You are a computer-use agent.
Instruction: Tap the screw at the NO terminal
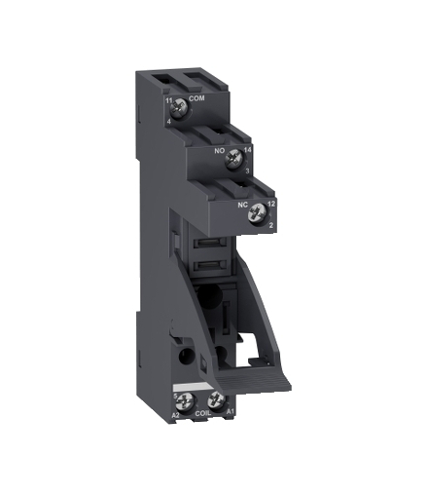[x=232, y=161]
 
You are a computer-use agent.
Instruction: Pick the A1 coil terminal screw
[x=215, y=401]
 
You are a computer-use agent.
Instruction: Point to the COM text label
[x=197, y=99]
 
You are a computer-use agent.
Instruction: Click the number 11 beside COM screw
[x=169, y=99]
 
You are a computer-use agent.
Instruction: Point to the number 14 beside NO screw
[x=247, y=151]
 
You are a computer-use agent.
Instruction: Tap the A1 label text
[x=230, y=413]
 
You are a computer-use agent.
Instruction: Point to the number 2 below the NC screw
[x=271, y=224]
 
